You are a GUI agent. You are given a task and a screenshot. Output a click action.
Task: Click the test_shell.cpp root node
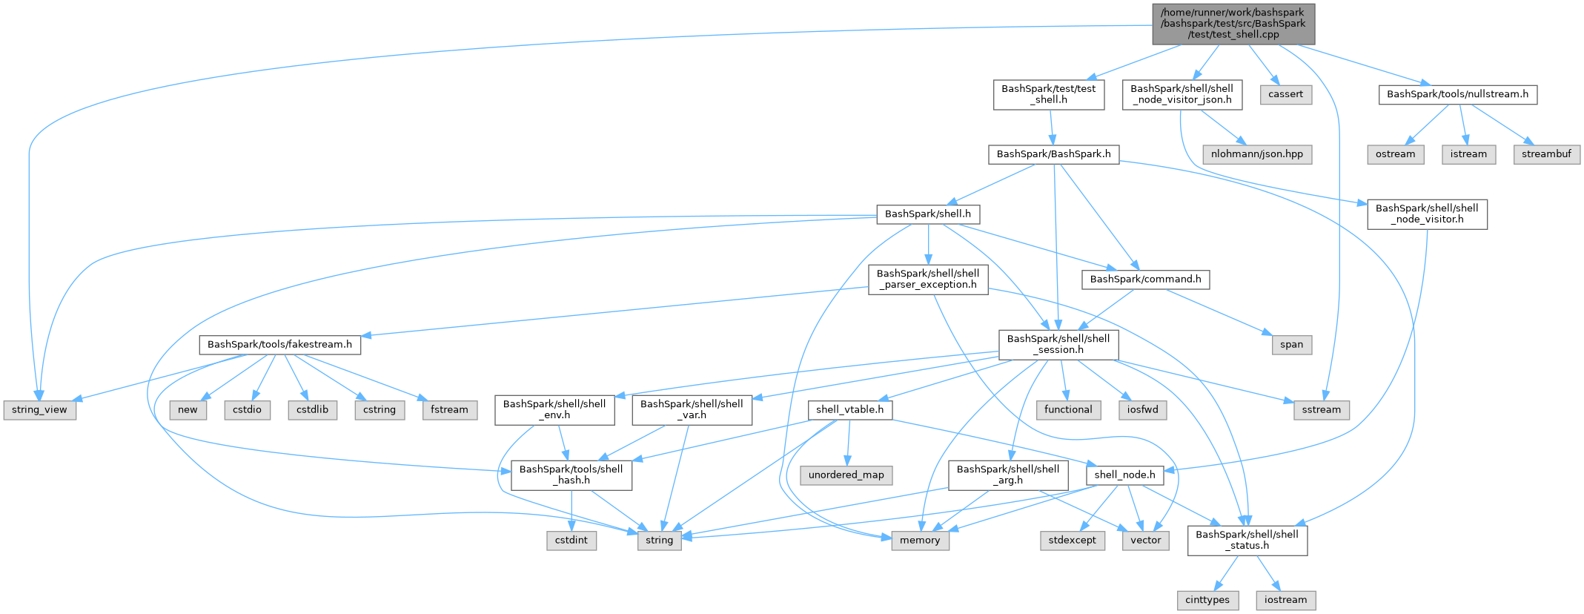(1233, 23)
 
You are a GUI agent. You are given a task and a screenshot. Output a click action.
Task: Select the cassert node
(1285, 94)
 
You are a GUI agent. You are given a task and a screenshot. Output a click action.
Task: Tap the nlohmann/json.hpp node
(1257, 154)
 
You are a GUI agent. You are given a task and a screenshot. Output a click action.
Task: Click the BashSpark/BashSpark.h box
(1053, 154)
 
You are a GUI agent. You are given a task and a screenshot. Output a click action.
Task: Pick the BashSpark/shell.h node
(928, 214)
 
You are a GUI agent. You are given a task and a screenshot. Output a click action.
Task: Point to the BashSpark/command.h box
(1145, 280)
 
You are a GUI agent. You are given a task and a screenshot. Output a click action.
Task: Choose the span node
(1291, 345)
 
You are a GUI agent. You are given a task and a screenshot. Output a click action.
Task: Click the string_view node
(39, 410)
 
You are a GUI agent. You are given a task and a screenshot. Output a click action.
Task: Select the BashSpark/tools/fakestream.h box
(279, 345)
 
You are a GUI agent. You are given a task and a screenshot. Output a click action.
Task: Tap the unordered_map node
(846, 475)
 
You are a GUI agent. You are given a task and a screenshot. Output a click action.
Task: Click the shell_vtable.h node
(849, 410)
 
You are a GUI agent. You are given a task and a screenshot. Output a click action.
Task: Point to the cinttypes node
(1207, 600)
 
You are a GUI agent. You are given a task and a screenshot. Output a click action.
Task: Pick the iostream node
(1285, 600)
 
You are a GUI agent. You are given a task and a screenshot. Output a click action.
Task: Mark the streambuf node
(1546, 154)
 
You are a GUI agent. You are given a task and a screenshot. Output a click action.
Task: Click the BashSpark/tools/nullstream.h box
(1457, 94)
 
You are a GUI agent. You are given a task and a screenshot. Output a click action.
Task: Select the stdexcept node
(1072, 541)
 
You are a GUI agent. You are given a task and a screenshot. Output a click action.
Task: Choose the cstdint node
(571, 541)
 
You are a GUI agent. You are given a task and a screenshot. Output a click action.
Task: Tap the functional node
(1068, 410)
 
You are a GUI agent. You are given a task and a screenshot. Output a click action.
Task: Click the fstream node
(449, 410)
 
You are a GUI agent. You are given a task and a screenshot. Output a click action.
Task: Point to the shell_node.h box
(1124, 475)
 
